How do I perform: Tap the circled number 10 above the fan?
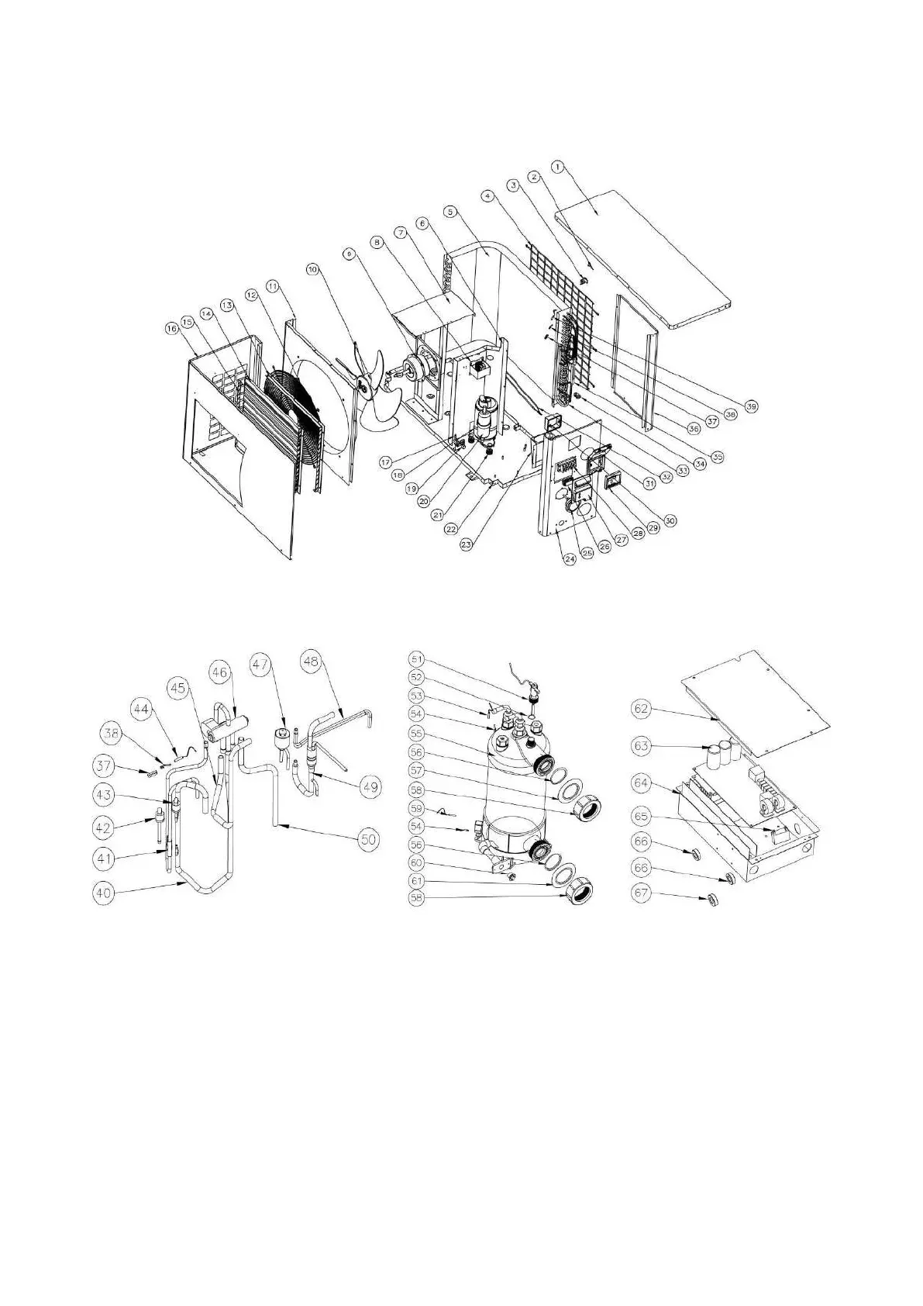(312, 270)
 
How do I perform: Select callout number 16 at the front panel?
(170, 328)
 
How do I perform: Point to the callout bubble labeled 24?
(570, 558)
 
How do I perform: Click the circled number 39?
(752, 406)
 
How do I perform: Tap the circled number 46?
(220, 672)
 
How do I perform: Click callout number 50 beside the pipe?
(367, 838)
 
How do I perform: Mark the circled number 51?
(417, 659)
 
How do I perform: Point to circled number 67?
(642, 893)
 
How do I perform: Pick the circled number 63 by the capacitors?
(642, 746)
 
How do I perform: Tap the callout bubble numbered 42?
(103, 827)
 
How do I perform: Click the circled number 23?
(467, 544)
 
